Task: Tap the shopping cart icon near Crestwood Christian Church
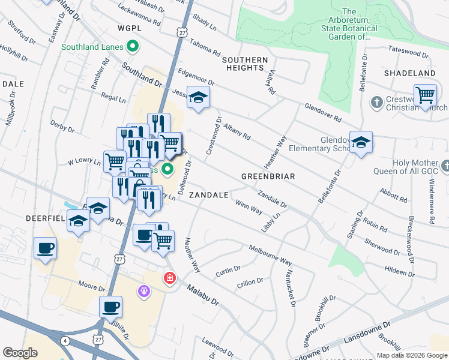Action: (425, 95)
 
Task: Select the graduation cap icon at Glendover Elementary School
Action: (361, 142)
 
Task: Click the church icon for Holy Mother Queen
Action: (444, 166)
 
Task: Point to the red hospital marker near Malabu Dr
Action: (170, 278)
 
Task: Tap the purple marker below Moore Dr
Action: (143, 292)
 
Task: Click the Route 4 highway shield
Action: (64, 340)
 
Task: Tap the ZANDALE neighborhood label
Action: (208, 195)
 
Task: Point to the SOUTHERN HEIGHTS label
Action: (245, 64)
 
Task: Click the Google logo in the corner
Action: (20, 352)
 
